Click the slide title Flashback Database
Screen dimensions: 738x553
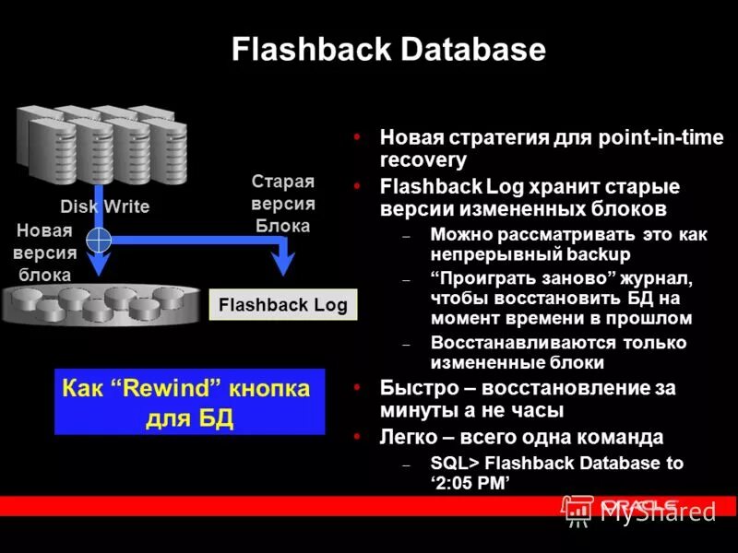pos(388,49)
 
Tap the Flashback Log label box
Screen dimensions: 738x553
pos(282,306)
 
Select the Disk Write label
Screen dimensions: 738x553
pos(104,206)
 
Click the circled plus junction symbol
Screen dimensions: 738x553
pos(98,240)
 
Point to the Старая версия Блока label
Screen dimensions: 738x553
pos(283,204)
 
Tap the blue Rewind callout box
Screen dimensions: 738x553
pos(189,402)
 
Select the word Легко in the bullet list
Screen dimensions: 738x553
pos(407,436)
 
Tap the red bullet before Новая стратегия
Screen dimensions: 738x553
pos(357,137)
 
